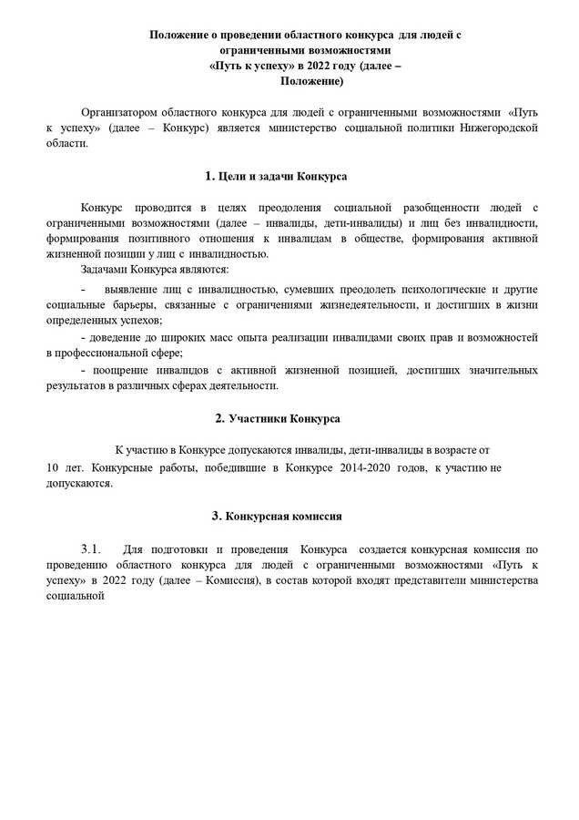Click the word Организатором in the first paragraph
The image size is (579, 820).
[122, 112]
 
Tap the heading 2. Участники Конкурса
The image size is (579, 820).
[277, 418]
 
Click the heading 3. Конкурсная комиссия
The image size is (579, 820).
[277, 516]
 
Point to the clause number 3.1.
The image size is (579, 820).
[96, 548]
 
